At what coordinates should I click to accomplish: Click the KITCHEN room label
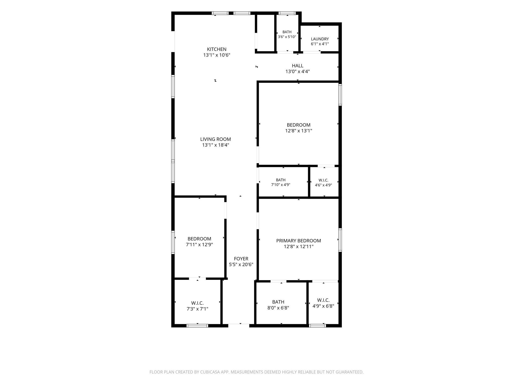[x=217, y=49]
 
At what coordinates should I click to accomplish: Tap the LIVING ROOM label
[x=215, y=139]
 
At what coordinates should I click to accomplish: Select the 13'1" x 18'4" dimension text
[x=216, y=145]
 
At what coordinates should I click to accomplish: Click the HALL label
[x=298, y=66]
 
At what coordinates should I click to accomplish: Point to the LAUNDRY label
[x=320, y=39]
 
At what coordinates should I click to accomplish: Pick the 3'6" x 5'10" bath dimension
[x=287, y=37]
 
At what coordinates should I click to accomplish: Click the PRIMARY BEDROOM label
[x=299, y=241]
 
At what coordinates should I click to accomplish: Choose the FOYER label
[x=241, y=259]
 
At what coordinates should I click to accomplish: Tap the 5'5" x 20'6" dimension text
[x=241, y=264]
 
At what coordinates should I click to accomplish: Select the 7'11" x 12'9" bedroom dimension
[x=199, y=245]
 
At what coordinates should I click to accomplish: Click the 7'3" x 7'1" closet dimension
[x=197, y=309]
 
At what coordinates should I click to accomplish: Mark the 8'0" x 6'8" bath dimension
[x=278, y=308]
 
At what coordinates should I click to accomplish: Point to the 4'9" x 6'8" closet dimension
[x=323, y=306]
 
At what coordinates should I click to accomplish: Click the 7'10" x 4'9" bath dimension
[x=281, y=185]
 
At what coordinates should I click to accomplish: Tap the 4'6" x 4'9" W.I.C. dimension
[x=323, y=185]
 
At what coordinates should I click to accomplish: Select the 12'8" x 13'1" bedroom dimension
[x=299, y=131]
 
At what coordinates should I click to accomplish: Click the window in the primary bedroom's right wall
[x=340, y=240]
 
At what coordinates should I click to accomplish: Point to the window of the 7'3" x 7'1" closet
[x=197, y=326]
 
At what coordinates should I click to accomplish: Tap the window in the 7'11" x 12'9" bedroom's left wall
[x=173, y=242]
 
